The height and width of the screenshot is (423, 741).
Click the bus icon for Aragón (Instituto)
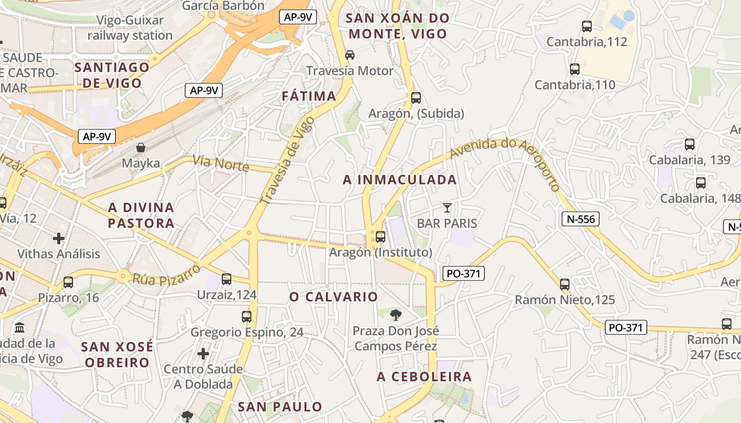pos(380,236)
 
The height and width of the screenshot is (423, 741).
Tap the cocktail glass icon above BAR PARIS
pos(447,207)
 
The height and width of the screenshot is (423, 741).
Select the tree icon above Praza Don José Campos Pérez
pos(395,316)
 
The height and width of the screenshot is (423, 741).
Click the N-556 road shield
pos(580,218)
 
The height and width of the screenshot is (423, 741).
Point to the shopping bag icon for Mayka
pos(141,148)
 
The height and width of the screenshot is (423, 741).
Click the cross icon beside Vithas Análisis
pos(59,238)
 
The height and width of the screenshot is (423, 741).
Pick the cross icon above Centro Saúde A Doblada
pos(203,353)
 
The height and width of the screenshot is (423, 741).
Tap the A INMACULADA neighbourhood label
pos(400,180)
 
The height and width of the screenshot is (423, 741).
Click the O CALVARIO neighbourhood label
pos(333,297)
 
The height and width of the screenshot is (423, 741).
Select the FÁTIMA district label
pos(309,96)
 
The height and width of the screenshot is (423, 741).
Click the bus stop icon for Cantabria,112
pos(586,26)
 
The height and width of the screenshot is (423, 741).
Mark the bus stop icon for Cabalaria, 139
pos(689,144)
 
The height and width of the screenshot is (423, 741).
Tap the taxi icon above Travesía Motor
pos(349,55)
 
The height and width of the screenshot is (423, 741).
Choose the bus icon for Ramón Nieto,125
pos(565,284)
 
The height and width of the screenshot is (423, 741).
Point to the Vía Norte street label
pos(221,163)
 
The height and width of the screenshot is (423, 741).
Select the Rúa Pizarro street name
pos(166,274)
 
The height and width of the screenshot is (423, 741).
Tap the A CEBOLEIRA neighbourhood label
pos(424,377)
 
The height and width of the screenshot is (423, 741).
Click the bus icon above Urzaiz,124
pos(227,279)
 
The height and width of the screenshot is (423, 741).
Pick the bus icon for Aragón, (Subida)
pos(416,98)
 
